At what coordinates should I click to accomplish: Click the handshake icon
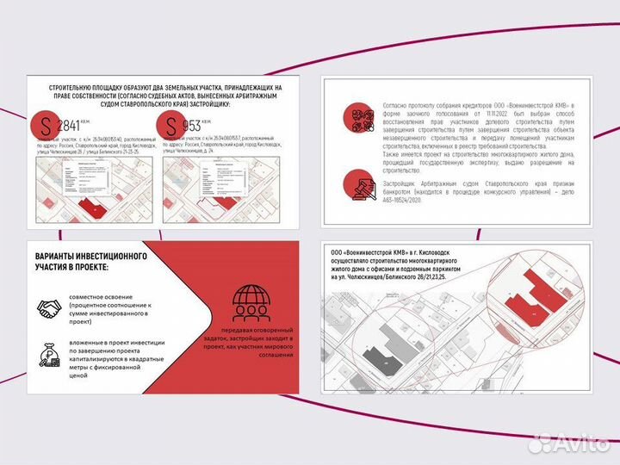[49, 307]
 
